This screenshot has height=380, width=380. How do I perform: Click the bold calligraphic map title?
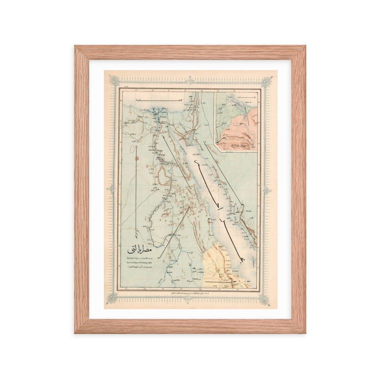click(x=141, y=251)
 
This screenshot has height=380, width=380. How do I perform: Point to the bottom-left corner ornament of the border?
click(x=113, y=298)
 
